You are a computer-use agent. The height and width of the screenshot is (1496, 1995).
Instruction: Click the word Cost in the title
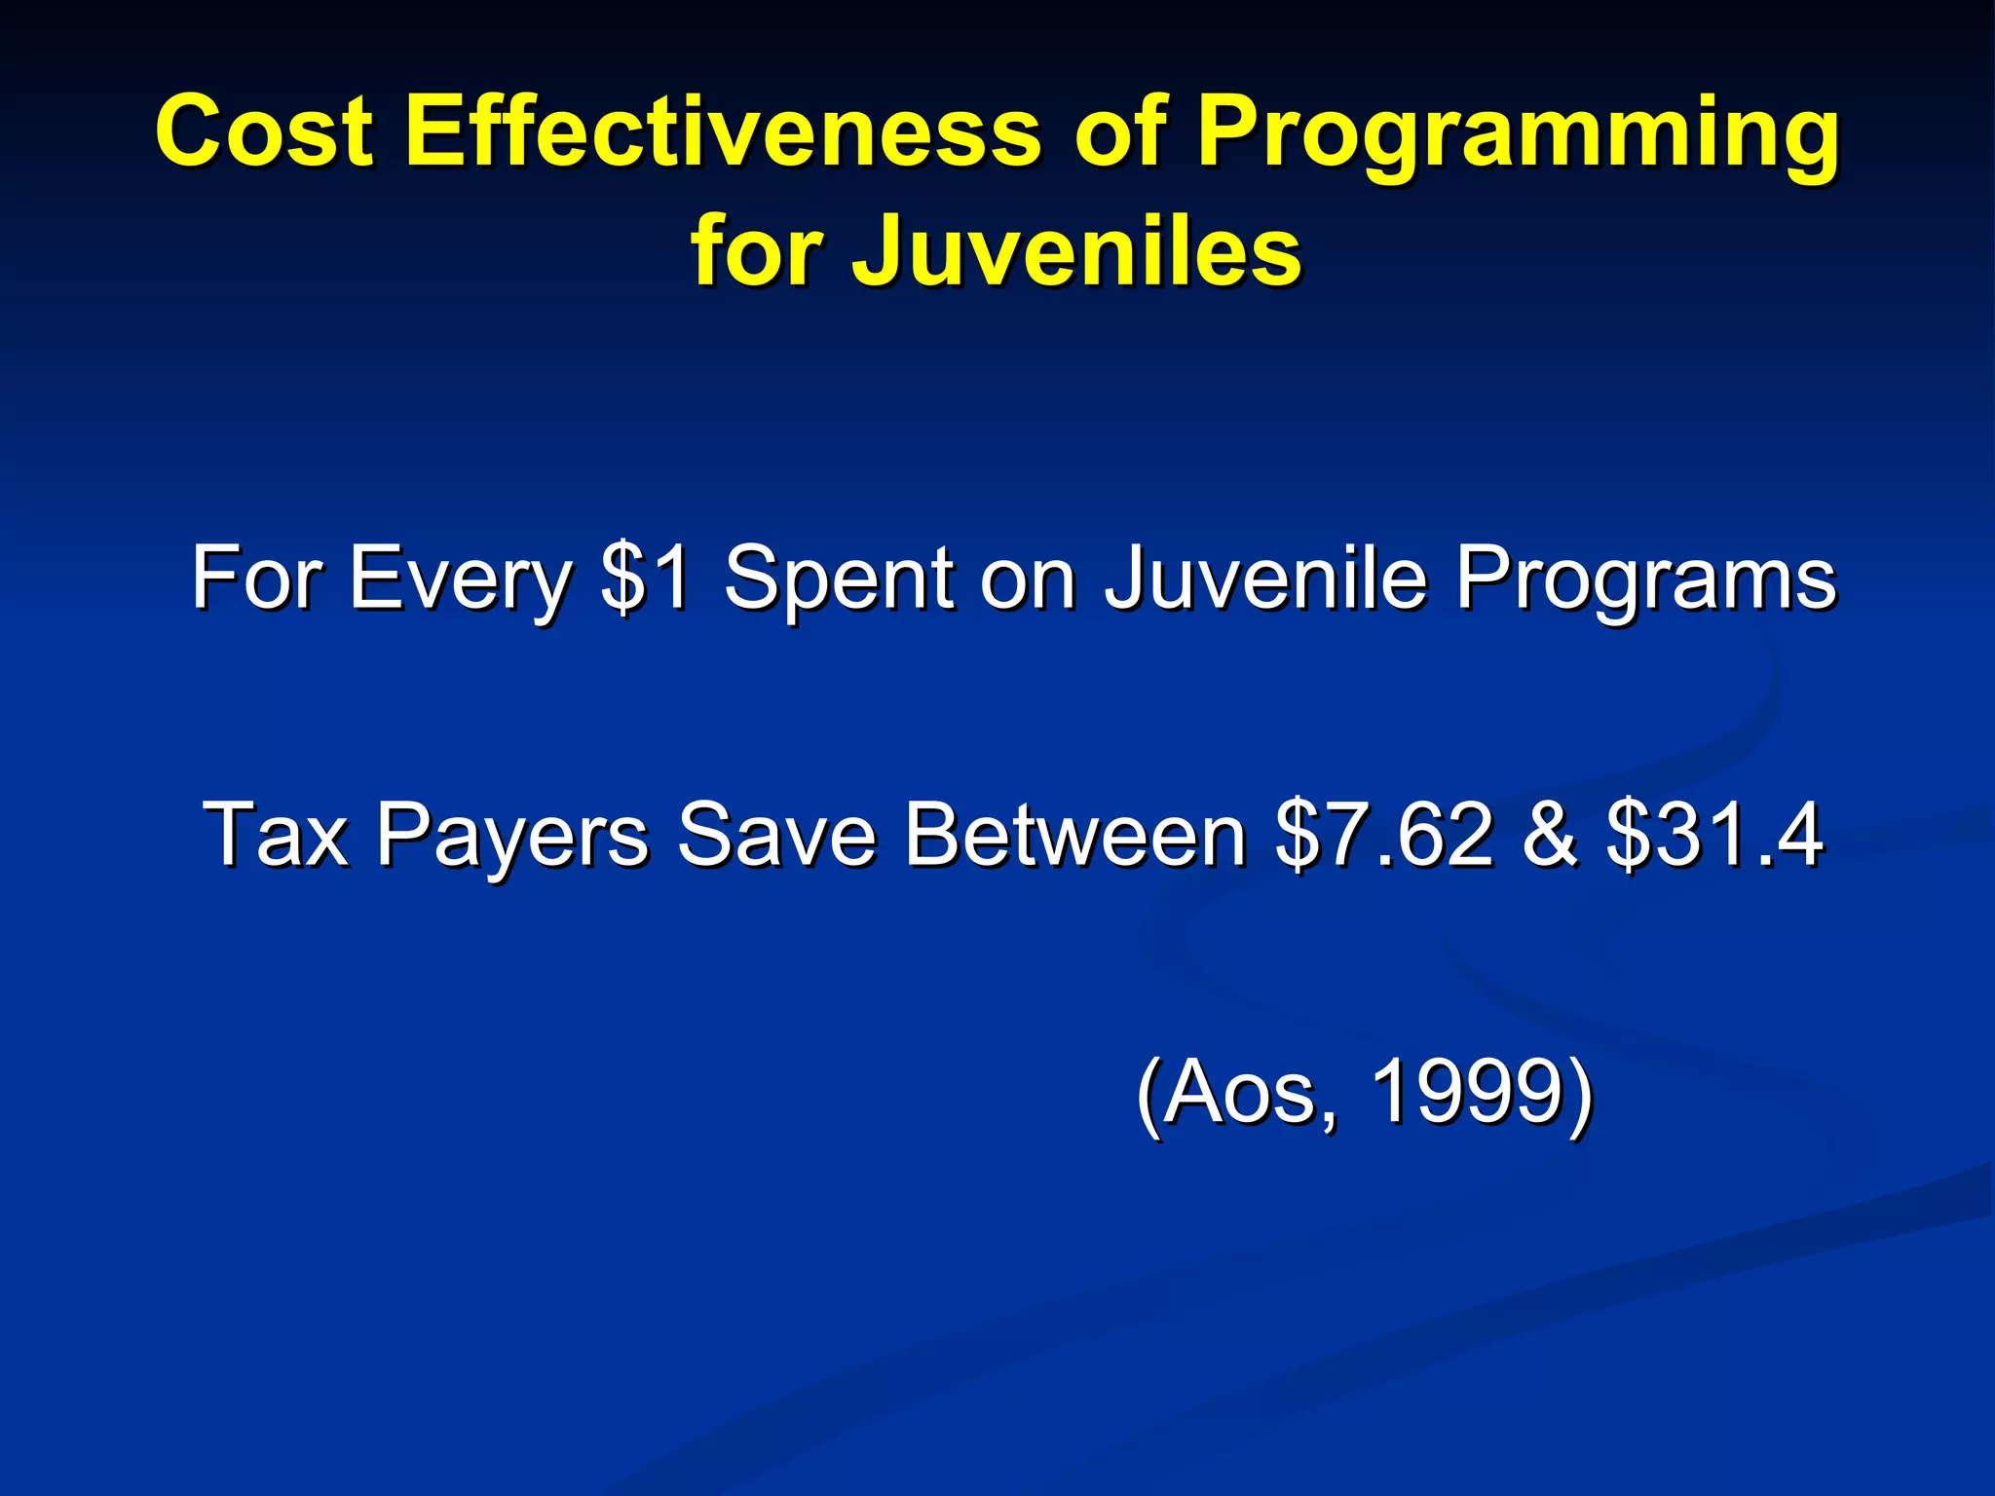point(264,131)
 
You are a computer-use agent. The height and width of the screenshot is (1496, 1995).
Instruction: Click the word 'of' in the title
point(1120,131)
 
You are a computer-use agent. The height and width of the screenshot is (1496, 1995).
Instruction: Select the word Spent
point(839,580)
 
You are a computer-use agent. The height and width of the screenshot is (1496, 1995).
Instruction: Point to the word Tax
point(275,834)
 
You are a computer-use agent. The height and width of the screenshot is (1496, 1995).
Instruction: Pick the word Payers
point(512,836)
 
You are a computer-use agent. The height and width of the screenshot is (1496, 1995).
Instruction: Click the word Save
point(775,834)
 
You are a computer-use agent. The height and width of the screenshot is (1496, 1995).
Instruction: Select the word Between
point(1074,834)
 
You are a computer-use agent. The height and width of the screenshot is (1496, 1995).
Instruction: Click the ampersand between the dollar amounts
point(1549,834)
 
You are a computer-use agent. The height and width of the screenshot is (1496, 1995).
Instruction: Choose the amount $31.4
point(1713,834)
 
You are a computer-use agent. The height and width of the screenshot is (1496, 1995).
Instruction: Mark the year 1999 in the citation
point(1466,1092)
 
